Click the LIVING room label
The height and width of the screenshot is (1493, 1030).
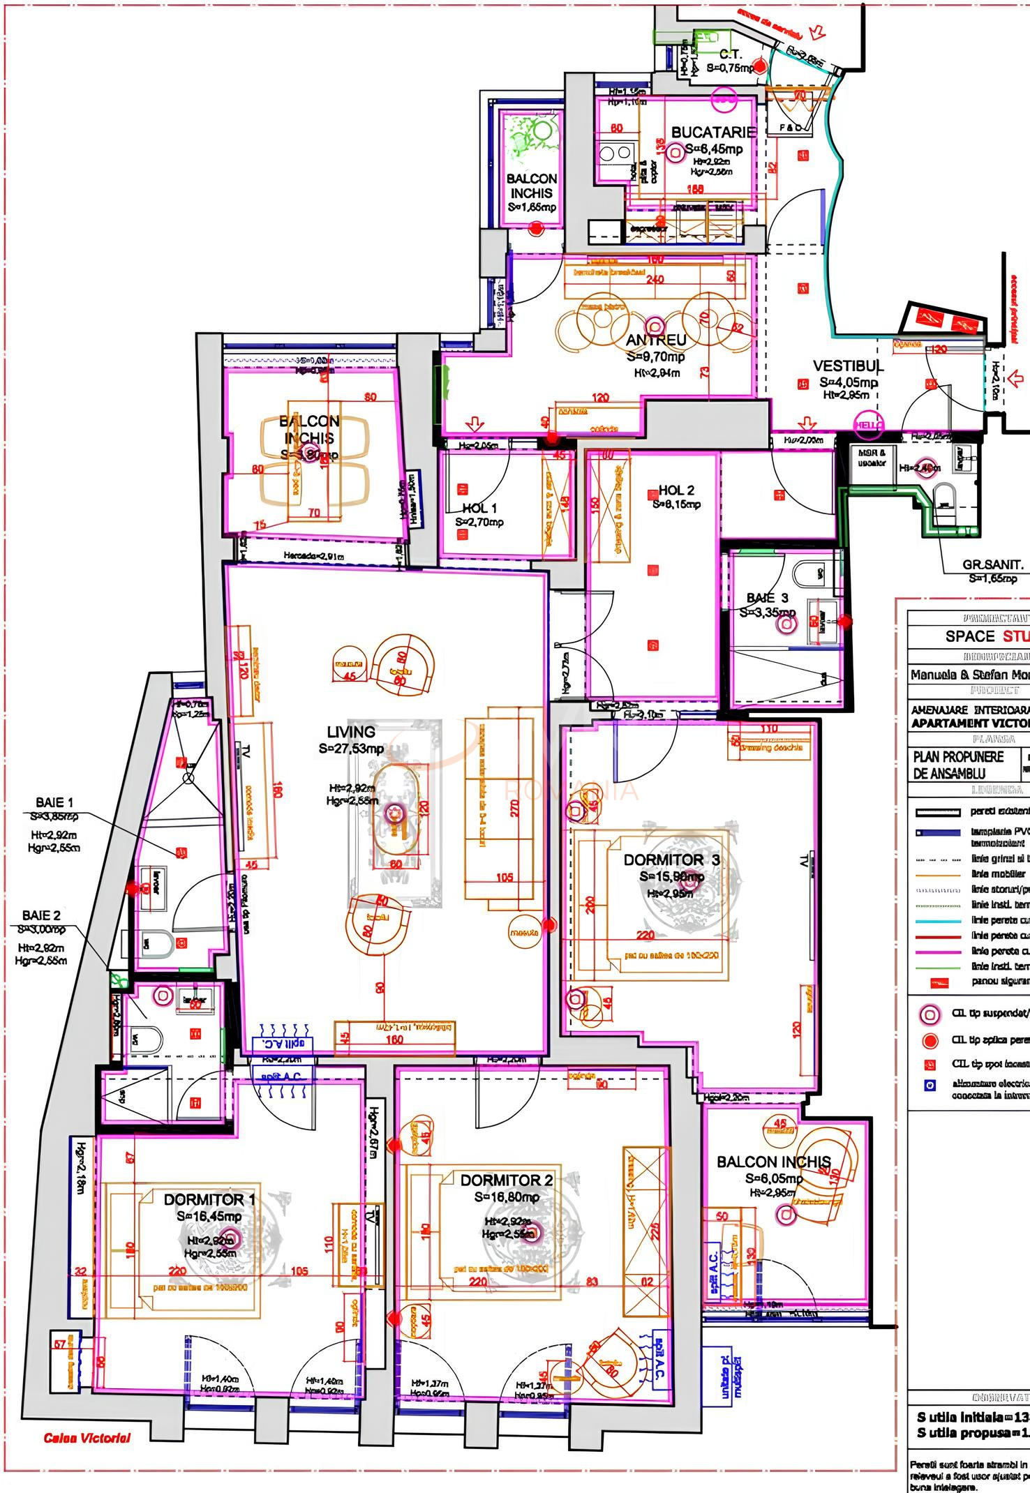pyautogui.click(x=351, y=732)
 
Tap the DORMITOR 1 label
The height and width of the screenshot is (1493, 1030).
pyautogui.click(x=209, y=1199)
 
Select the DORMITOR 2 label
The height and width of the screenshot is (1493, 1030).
pyautogui.click(x=506, y=1180)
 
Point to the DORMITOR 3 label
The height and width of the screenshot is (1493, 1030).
pyautogui.click(x=671, y=860)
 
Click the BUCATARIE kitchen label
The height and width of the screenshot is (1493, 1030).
pyautogui.click(x=713, y=132)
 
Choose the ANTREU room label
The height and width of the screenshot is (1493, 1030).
pyautogui.click(x=656, y=340)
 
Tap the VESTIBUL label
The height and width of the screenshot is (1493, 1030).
pyautogui.click(x=848, y=366)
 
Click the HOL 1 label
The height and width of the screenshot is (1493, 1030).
pyautogui.click(x=479, y=509)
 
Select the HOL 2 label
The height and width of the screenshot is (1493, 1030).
pyautogui.click(x=676, y=490)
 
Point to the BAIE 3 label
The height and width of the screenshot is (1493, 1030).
pyautogui.click(x=767, y=598)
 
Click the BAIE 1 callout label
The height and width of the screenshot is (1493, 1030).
pyautogui.click(x=54, y=802)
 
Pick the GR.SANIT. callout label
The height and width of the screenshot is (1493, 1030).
pyautogui.click(x=992, y=565)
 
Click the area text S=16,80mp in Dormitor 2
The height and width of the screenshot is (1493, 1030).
pyautogui.click(x=506, y=1196)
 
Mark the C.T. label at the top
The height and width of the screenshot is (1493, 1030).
pyautogui.click(x=731, y=54)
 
